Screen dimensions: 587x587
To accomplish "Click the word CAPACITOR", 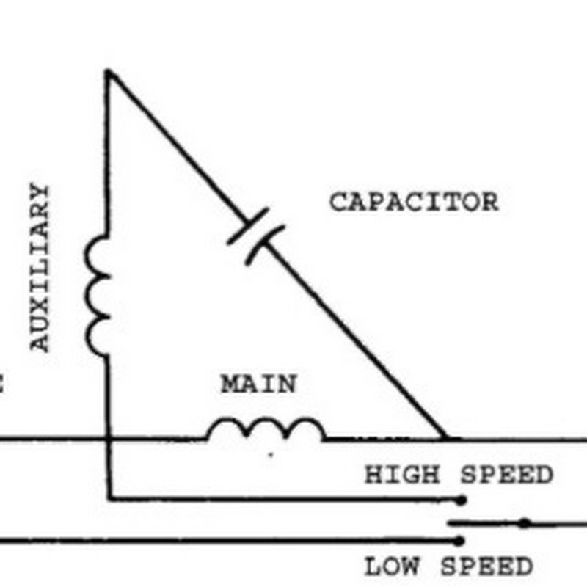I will (x=413, y=202).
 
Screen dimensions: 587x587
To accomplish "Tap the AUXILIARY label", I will (x=41, y=267).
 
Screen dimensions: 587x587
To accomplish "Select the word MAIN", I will (x=259, y=384).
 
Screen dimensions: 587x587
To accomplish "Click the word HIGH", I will (x=401, y=475).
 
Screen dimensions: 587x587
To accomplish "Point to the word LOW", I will (x=393, y=567).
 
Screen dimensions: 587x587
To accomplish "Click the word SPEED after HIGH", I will (x=506, y=475).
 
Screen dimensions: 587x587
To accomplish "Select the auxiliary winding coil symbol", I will (x=98, y=296).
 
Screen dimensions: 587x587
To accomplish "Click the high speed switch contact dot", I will (x=461, y=500).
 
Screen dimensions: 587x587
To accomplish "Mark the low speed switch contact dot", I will (x=460, y=542).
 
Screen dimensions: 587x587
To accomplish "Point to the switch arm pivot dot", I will (x=524, y=523).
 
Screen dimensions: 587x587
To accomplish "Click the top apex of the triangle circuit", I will (x=109, y=72).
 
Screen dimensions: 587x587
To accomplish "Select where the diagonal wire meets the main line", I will (x=445, y=439).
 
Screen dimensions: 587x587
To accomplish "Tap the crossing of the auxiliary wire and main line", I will (x=109, y=440).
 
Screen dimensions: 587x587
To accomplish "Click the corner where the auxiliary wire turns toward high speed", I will (x=109, y=499).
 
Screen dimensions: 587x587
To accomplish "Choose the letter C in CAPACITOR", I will (x=338, y=202).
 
